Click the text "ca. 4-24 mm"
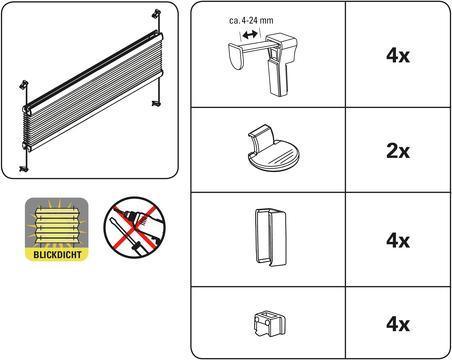[251, 20]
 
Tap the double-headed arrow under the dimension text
[250, 34]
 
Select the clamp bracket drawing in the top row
[263, 64]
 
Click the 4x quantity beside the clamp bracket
[398, 55]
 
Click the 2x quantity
[398, 151]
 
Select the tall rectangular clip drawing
[270, 237]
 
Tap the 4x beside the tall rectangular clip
[398, 240]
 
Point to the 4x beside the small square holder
[398, 324]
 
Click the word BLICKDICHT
[57, 255]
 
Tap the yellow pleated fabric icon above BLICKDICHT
[57, 223]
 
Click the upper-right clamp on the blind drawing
[156, 14]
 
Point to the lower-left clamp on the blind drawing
[23, 169]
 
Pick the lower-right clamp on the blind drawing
[156, 104]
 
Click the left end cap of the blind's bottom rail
[26, 146]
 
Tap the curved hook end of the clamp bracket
[237, 57]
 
